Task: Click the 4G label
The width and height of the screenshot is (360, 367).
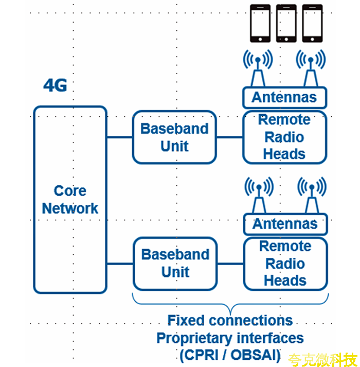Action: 55,85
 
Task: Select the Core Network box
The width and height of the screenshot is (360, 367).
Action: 70,199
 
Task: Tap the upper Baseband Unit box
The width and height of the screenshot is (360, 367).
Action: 174,137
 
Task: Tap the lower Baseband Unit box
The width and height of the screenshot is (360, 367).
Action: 175,263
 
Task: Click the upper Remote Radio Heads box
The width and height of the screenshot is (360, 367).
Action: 284,137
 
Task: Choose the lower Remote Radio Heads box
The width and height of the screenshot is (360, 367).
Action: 285,263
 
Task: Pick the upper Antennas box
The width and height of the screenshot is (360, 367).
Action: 284,97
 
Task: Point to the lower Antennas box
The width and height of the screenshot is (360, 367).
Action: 285,224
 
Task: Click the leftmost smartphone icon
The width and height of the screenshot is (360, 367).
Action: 260,23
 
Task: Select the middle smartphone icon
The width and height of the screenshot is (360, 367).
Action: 286,23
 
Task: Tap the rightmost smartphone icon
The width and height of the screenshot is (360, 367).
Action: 312,23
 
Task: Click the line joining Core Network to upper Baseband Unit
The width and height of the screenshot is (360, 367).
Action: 119,137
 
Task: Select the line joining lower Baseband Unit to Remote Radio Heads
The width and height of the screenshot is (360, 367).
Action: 229,264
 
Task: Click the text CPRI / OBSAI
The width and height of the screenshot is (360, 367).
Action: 230,355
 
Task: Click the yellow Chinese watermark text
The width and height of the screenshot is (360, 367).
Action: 322,358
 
